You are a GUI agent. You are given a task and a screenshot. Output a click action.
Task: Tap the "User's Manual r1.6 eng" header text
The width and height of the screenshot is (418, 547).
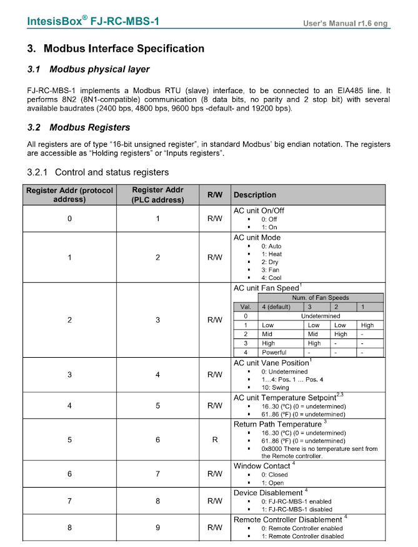coord(345,24)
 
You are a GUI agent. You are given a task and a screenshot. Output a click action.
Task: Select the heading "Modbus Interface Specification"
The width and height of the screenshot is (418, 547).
coord(124,49)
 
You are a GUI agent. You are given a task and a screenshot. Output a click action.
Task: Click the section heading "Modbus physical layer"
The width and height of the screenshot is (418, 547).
coord(99,69)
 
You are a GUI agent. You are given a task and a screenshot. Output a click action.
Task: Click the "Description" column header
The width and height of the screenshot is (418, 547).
coord(255,195)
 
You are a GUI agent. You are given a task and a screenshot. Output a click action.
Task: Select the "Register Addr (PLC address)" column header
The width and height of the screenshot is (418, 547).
coord(157,195)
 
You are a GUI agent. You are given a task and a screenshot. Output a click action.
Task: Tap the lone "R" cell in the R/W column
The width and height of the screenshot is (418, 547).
coord(214,440)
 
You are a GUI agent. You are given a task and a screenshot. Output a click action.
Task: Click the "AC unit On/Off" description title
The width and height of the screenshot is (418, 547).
coord(259,211)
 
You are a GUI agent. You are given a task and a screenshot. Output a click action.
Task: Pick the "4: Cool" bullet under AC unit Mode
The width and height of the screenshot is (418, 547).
coord(271,278)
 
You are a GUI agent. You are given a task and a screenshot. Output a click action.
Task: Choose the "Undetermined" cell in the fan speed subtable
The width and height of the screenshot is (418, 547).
coord(320,316)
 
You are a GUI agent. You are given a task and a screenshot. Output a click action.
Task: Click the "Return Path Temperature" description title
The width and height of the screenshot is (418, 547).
coord(277,425)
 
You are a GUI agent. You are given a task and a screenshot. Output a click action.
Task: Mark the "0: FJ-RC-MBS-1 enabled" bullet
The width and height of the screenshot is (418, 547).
coord(296,501)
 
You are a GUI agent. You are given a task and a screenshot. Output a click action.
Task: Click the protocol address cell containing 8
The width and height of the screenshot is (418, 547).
coord(69,528)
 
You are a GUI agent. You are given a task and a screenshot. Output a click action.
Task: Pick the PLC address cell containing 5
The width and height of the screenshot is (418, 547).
coord(157,405)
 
